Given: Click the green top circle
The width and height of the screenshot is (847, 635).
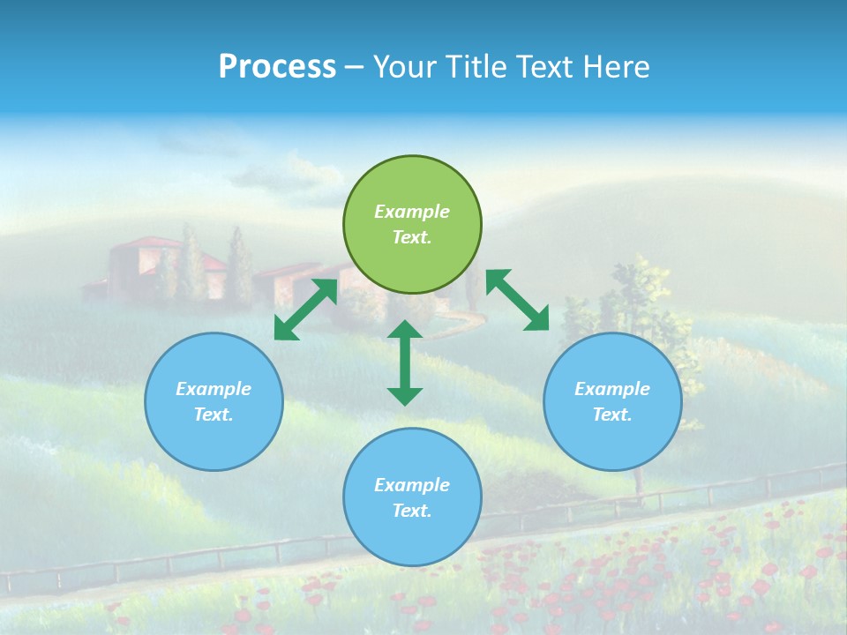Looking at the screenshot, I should (412, 225).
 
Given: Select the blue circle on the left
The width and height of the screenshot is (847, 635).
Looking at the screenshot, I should (214, 401).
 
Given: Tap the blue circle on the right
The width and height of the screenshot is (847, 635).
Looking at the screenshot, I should (612, 401).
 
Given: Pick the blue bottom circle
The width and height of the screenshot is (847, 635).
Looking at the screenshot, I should (412, 497).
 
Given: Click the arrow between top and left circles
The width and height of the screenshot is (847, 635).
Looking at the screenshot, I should (305, 310).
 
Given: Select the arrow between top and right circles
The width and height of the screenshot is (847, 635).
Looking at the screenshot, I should (517, 300).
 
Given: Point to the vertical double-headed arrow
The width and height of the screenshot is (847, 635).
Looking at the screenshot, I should (405, 362).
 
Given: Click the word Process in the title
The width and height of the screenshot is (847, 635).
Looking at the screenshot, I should (277, 67).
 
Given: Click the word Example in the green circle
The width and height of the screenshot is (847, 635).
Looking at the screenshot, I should (412, 212).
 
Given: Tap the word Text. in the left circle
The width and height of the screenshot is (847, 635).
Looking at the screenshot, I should (214, 415).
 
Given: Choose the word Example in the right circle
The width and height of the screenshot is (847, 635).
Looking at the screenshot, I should (612, 389).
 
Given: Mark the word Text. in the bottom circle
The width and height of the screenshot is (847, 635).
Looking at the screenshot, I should (412, 511).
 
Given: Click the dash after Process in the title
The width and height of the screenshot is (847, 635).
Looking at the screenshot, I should (354, 67).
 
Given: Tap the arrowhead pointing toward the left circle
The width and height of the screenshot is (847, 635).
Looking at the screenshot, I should (283, 331).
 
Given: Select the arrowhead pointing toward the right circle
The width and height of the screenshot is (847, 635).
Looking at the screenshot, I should (537, 321).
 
